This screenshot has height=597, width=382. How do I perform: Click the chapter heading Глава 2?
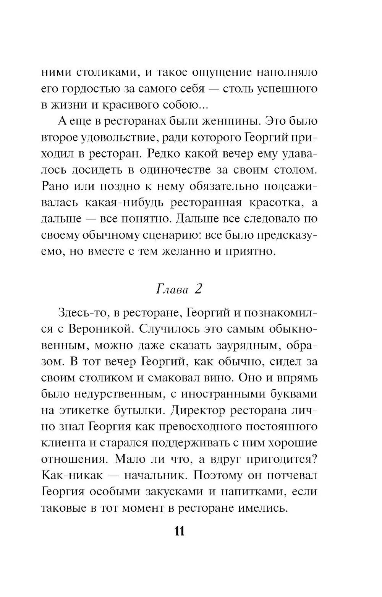[179, 289]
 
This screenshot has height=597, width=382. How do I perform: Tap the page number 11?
[180, 531]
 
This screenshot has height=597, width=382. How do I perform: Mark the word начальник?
[157, 475]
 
